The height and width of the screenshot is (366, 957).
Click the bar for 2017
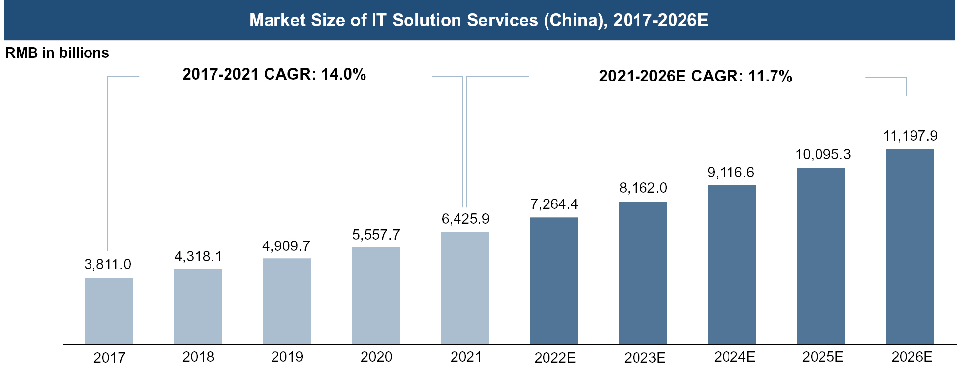(x=109, y=311)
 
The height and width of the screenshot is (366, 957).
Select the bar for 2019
(x=287, y=301)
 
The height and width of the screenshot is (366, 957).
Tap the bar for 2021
(x=465, y=288)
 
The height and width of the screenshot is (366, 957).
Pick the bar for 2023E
(x=642, y=273)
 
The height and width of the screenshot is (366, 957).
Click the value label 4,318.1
(x=198, y=256)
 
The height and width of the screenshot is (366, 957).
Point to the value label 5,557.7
(x=376, y=235)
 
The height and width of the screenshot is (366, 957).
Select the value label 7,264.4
(x=554, y=204)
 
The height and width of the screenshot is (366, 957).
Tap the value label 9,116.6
(x=731, y=172)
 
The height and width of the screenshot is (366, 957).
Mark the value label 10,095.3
(x=823, y=154)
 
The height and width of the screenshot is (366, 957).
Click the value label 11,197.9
(x=910, y=136)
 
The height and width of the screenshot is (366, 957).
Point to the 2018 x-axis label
(x=198, y=357)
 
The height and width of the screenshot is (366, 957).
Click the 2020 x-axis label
(x=376, y=357)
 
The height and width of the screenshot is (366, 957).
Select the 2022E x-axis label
(x=555, y=357)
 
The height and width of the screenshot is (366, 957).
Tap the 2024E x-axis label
(x=734, y=357)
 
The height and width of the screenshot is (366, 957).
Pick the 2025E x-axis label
(x=822, y=357)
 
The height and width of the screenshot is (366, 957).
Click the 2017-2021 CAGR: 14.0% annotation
(x=274, y=74)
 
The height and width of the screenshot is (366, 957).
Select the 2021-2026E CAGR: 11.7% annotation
(x=695, y=76)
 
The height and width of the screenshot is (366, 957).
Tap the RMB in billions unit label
(x=57, y=53)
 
